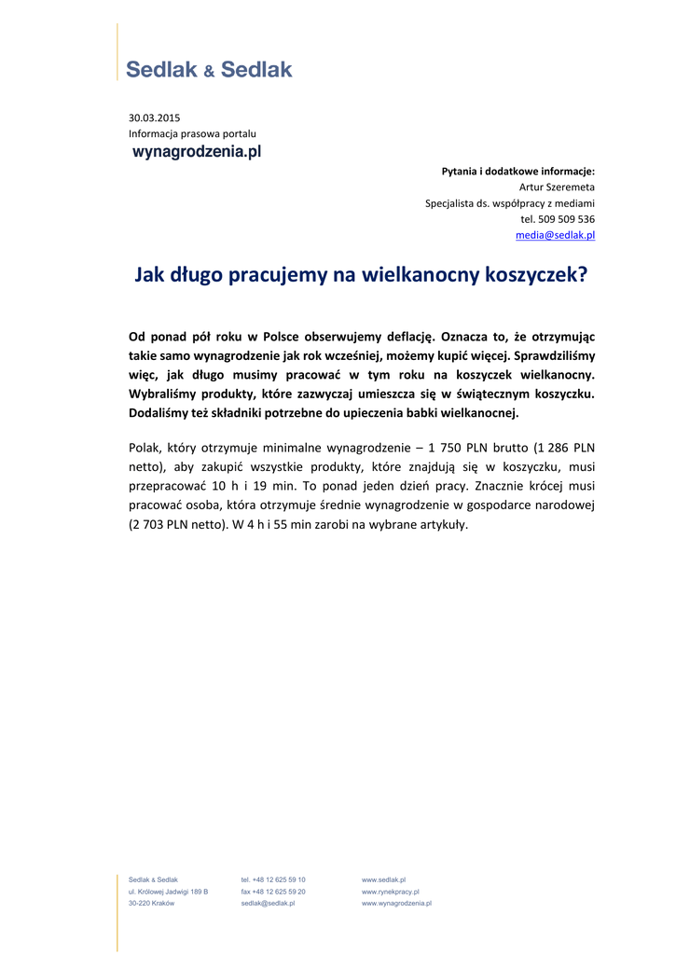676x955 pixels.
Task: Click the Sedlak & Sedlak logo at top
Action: click(x=209, y=69)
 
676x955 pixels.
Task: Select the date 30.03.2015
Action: click(x=154, y=118)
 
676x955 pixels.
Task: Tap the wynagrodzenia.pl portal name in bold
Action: click(x=197, y=151)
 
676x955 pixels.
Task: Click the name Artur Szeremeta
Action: click(x=557, y=187)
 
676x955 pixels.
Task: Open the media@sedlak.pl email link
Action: click(x=555, y=235)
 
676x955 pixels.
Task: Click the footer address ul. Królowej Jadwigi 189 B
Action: click(x=168, y=892)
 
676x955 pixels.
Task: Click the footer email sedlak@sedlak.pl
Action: click(x=268, y=904)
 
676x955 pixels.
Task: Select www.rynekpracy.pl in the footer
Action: click(x=390, y=892)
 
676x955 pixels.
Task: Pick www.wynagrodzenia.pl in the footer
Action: click(x=396, y=904)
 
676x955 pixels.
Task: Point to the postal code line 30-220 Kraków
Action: click(x=151, y=904)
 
